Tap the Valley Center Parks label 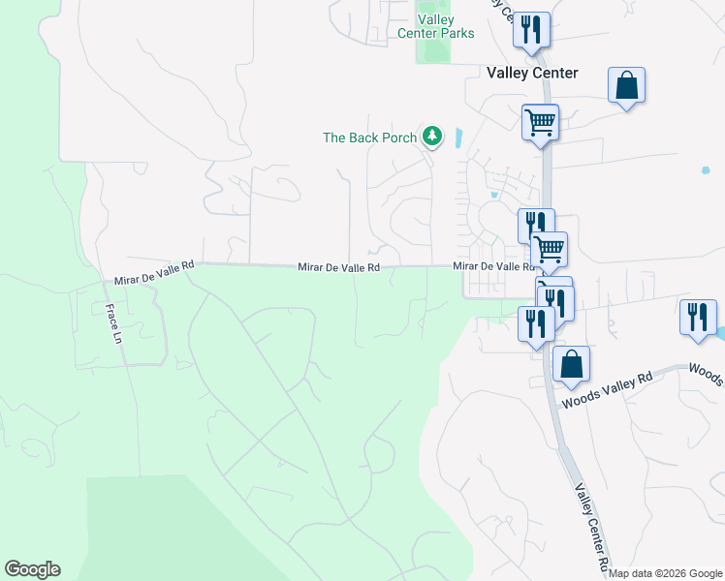click(436, 26)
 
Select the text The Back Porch click(369, 138)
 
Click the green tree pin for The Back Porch click(432, 138)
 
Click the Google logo click(32, 569)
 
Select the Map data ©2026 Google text click(664, 573)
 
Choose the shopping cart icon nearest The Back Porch click(540, 123)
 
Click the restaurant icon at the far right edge click(698, 319)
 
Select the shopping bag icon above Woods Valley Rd click(572, 365)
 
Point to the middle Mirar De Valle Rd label click(339, 266)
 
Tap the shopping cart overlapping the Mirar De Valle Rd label click(550, 249)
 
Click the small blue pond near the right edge click(706, 170)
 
